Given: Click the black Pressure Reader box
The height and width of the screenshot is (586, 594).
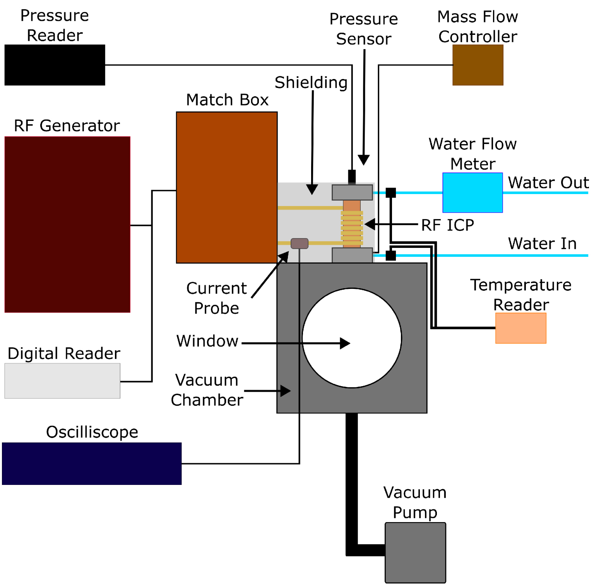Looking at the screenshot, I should click(x=55, y=65).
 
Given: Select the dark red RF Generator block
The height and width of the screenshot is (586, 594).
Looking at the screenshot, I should click(x=67, y=224).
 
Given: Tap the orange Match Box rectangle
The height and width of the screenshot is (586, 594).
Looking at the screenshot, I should click(x=226, y=187).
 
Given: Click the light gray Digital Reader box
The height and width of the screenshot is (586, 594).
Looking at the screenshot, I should click(x=62, y=380).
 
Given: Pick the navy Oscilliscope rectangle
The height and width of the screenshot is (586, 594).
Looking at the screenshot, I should click(x=92, y=463).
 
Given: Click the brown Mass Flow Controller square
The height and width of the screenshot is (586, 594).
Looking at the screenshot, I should click(x=478, y=65).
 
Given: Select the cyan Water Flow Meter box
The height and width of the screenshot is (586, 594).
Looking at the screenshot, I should click(x=472, y=192).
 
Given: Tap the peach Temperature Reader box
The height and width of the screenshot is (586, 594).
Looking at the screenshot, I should click(x=520, y=328).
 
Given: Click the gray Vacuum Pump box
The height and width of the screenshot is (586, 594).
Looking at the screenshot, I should click(x=415, y=552).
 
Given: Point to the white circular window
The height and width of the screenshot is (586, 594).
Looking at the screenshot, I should click(x=351, y=338).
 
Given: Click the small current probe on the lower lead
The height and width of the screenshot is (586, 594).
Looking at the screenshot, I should click(x=299, y=243).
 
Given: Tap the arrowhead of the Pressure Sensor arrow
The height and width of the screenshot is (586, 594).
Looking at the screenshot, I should click(x=363, y=160).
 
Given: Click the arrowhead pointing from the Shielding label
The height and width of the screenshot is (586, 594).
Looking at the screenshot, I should click(x=312, y=189).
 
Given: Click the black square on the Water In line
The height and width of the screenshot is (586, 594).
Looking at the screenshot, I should click(x=391, y=255).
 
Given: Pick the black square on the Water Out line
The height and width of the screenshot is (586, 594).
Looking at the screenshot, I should click(x=391, y=192).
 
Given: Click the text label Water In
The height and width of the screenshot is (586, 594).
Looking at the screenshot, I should click(x=542, y=244).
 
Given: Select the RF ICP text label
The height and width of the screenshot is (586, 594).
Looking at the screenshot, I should click(x=447, y=225).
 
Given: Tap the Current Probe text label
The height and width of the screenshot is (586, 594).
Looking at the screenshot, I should click(x=216, y=298).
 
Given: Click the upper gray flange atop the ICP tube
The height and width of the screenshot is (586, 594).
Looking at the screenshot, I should click(x=352, y=192).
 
